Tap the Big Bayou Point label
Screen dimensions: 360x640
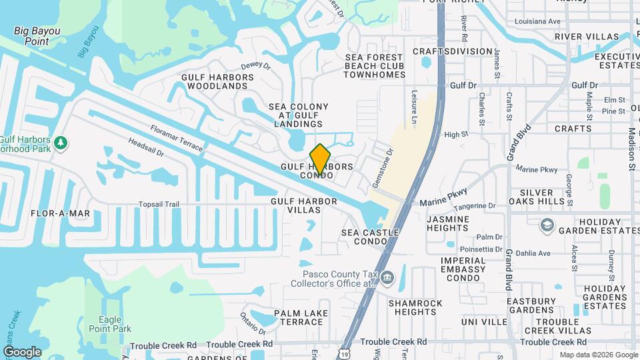(x=37, y=36)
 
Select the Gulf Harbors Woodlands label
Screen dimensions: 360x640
(x=218, y=81)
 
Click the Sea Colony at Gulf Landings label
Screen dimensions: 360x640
(x=299, y=115)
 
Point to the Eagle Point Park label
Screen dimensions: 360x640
(x=109, y=324)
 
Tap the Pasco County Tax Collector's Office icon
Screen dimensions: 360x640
(x=388, y=277)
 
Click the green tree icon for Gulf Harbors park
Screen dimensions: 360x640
(x=61, y=142)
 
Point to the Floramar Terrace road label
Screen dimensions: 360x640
(x=176, y=139)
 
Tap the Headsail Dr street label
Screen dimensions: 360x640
(x=146, y=148)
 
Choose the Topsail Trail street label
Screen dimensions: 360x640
(x=159, y=203)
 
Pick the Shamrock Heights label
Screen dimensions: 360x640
(x=415, y=307)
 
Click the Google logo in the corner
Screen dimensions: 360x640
(x=22, y=351)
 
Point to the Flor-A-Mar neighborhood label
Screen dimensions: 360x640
(x=61, y=213)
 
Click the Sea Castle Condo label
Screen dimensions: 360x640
(x=370, y=237)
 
